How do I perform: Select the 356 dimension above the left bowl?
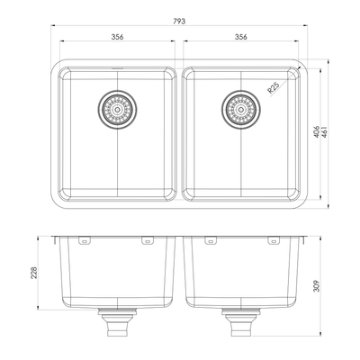[117, 38]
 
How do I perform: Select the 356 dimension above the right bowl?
[240, 38]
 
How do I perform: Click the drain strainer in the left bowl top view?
[117, 109]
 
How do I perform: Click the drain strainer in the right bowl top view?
[239, 109]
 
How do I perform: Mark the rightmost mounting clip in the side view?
[271, 241]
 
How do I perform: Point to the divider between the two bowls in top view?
[179, 131]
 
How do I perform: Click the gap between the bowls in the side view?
[179, 270]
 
